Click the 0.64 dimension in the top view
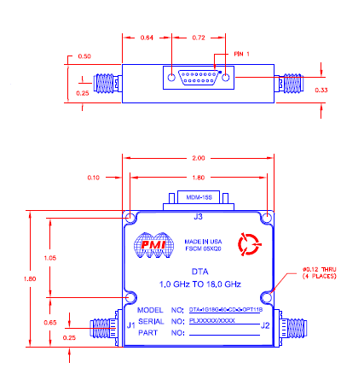pos(147,38)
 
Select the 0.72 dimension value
pos(198,38)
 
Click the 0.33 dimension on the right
pos(321,89)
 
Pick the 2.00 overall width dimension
pos(198,160)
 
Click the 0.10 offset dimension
pos(94,177)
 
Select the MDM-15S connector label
pos(198,197)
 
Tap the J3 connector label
pos(198,216)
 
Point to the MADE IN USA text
pos(202,242)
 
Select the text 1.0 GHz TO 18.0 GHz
pos(197,284)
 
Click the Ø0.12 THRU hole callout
pos(320,271)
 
